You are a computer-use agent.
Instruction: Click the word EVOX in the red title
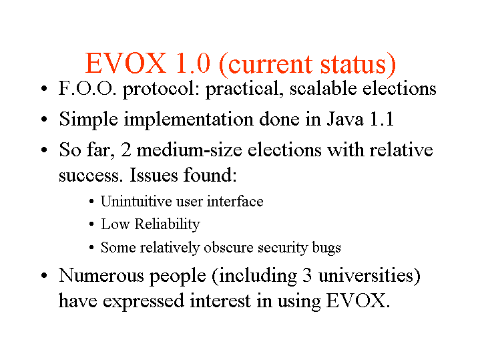tap(126, 63)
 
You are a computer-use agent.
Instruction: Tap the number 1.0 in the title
tap(194, 63)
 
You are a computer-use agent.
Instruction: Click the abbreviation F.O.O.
tap(87, 89)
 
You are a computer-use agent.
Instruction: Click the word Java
tap(345, 119)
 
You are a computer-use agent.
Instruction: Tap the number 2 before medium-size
tap(126, 150)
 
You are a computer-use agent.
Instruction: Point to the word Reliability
tap(167, 224)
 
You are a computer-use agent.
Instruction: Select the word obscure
tap(228, 247)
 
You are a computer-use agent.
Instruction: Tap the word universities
tap(369, 275)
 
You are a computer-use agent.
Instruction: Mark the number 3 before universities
tap(307, 275)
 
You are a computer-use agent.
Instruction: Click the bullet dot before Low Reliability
tap(91, 224)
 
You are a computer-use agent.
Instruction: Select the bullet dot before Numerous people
tap(44, 275)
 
